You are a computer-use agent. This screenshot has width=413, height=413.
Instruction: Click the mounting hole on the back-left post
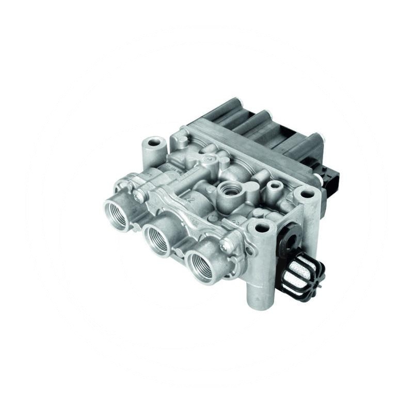pyautogui.click(x=153, y=141)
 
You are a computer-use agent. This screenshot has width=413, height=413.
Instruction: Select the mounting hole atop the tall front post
pyautogui.click(x=260, y=227)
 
